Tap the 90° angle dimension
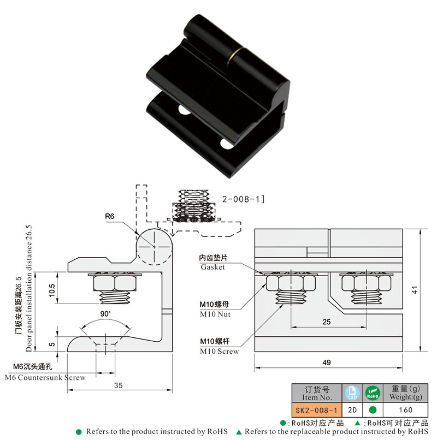point(105,314)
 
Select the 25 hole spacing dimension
point(327,322)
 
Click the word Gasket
point(212,267)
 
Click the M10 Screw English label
point(219,351)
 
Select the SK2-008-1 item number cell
point(316,409)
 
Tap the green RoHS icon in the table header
point(372,393)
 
